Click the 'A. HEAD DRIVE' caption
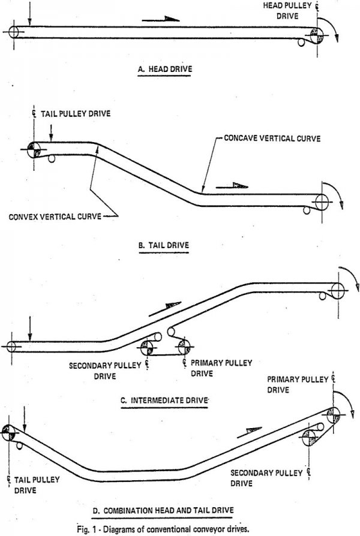coord(164,68)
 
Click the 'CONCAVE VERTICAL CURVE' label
coord(272,138)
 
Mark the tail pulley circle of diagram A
coord(13,32)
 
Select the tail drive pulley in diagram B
coord(32,149)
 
